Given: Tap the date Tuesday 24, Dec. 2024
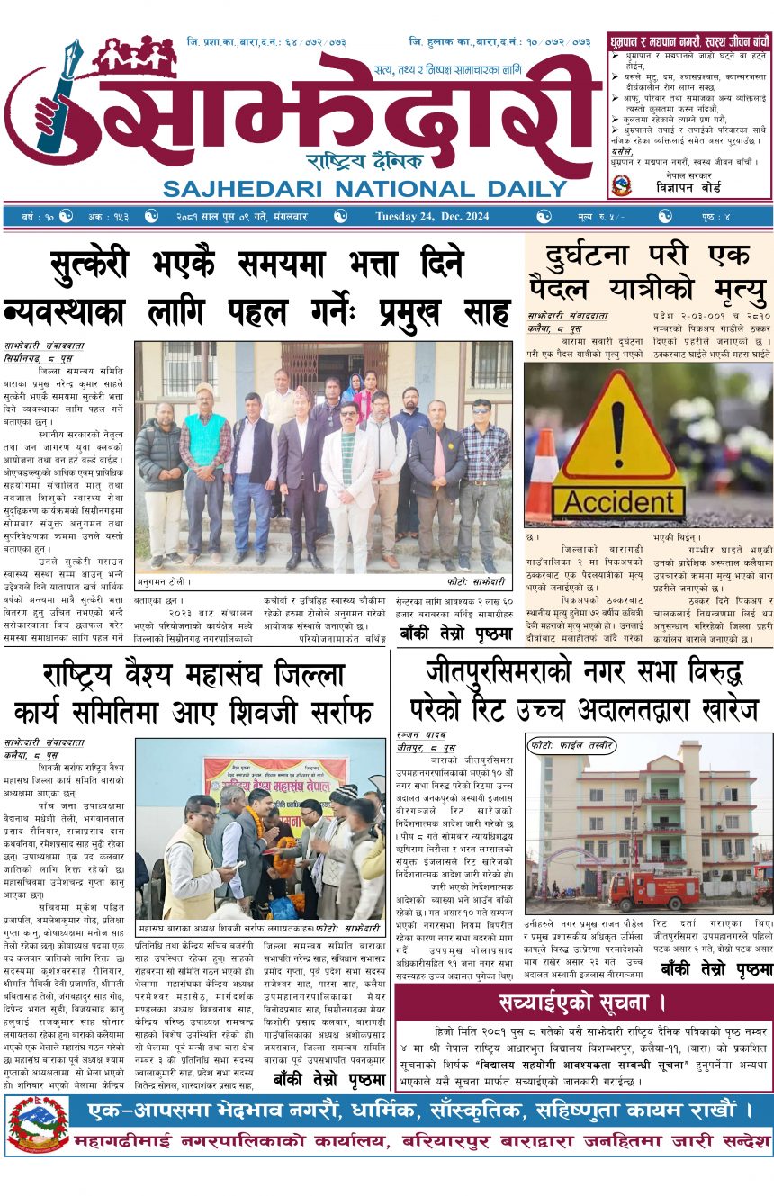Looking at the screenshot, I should click(x=432, y=217).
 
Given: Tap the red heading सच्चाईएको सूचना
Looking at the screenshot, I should click(x=583, y=1003).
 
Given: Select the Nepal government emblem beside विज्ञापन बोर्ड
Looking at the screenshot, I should click(x=620, y=184).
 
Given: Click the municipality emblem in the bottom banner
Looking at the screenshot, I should click(x=38, y=1125).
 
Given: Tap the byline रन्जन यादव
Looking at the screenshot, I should click(x=416, y=735).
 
